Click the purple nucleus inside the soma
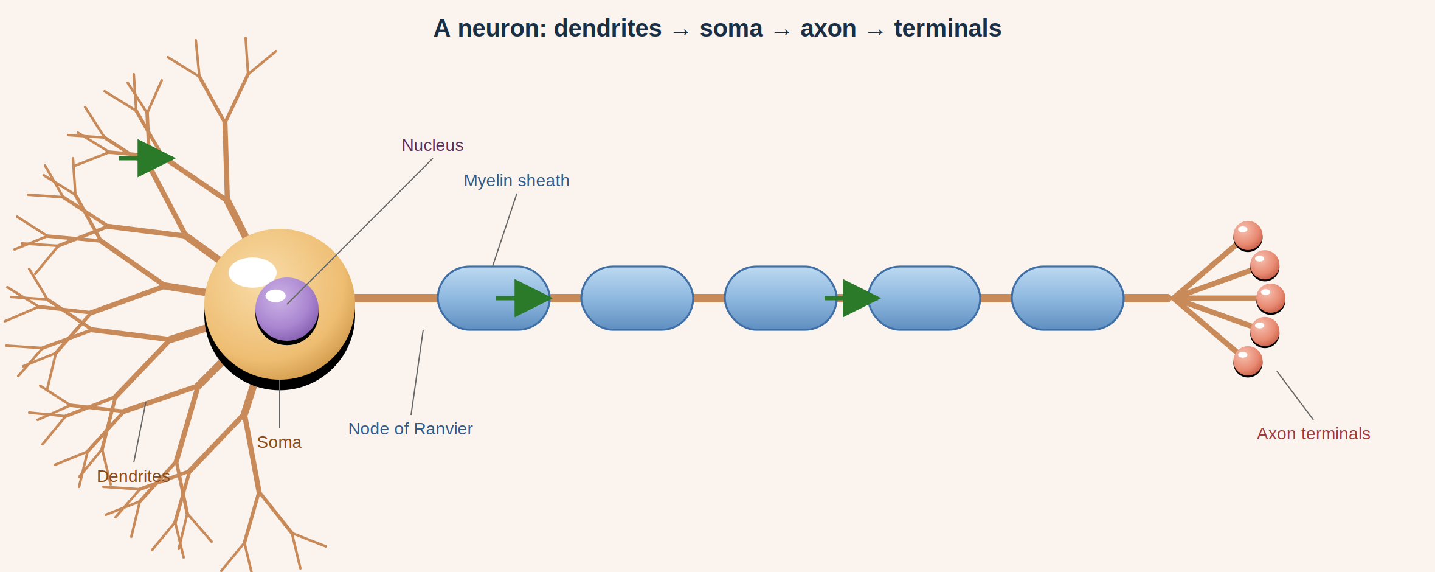(287, 309)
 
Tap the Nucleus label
(432, 145)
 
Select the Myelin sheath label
(516, 181)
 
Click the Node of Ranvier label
(410, 429)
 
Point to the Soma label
(279, 442)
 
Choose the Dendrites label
(133, 476)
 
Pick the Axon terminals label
(1313, 434)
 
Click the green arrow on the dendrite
(147, 158)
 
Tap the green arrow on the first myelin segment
(524, 298)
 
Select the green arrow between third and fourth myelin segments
(852, 298)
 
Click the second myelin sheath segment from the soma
(637, 298)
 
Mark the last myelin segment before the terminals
(1068, 298)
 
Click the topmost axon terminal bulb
(1248, 235)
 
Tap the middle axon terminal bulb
(1271, 298)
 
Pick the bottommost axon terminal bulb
(1248, 361)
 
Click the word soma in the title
(731, 29)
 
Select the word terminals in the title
(947, 29)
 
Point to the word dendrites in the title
(607, 29)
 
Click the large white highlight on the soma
(252, 273)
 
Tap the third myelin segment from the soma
(781, 298)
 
